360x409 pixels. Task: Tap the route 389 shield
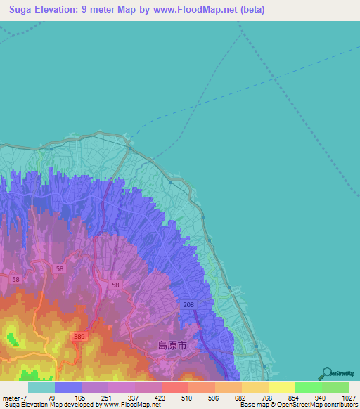coord(79,338)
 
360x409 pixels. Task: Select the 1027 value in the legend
coord(340,397)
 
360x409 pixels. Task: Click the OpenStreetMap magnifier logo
coord(326,373)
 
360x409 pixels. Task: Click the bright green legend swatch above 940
coord(308,387)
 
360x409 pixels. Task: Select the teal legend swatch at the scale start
coord(41,387)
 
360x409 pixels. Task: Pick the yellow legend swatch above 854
coord(281,387)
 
